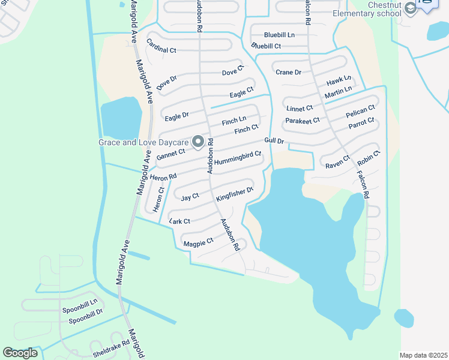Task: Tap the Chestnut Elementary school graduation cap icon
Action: point(411,8)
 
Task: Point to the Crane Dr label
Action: point(288,72)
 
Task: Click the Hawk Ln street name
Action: point(339,81)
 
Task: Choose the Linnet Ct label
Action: point(300,109)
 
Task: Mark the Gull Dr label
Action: point(274,141)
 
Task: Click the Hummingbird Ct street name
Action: point(238,158)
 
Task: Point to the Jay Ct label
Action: point(190,196)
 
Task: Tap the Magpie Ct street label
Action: point(198,243)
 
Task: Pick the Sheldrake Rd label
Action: point(110,347)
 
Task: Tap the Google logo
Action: point(20,353)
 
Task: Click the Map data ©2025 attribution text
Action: point(424,355)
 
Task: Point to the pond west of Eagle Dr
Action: point(121,116)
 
